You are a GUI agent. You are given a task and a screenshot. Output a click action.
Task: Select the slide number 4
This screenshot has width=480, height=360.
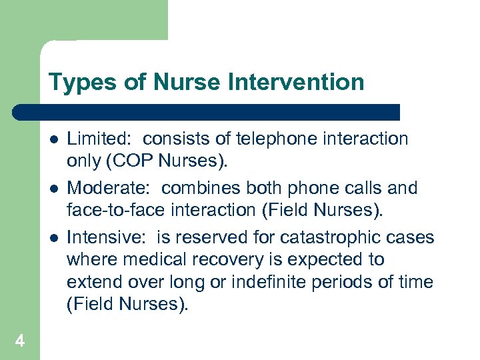20,341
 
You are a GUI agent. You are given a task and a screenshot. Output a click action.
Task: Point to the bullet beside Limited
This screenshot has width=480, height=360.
53,139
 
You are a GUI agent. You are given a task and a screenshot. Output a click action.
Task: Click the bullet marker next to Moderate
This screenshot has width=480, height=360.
53,189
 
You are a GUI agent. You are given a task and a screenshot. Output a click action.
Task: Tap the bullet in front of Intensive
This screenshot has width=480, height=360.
53,238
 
